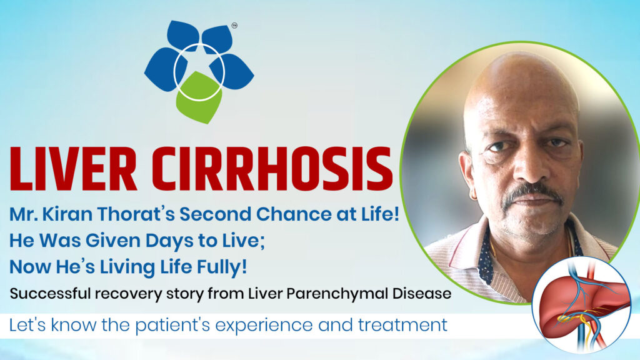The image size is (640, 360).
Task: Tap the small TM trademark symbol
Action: [234, 25]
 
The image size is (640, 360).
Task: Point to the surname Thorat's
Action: [137, 214]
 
